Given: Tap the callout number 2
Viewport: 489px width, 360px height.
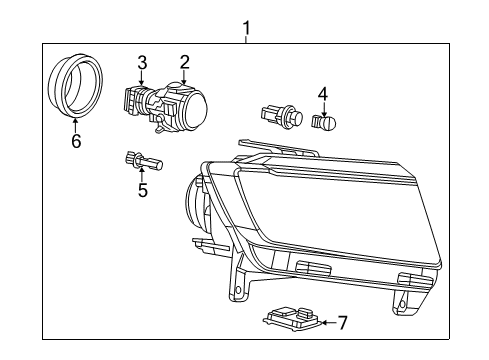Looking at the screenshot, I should coord(184,62).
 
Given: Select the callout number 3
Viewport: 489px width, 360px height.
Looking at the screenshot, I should coord(142,62).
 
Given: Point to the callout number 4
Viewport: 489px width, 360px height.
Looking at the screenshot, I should coord(322,95).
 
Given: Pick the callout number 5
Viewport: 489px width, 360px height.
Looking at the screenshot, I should coord(142,189).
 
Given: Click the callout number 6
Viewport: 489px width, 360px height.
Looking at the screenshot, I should coord(76,141).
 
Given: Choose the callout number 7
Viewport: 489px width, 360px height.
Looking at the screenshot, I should coord(342,322).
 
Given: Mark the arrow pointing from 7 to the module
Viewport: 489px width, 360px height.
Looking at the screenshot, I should coord(325,322).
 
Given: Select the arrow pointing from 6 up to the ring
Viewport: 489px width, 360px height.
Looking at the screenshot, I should coord(76,125).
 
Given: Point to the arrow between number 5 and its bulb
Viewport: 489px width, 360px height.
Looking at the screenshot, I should coord(142,173).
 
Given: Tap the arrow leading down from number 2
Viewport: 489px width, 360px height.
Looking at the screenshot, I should coord(184,77).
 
